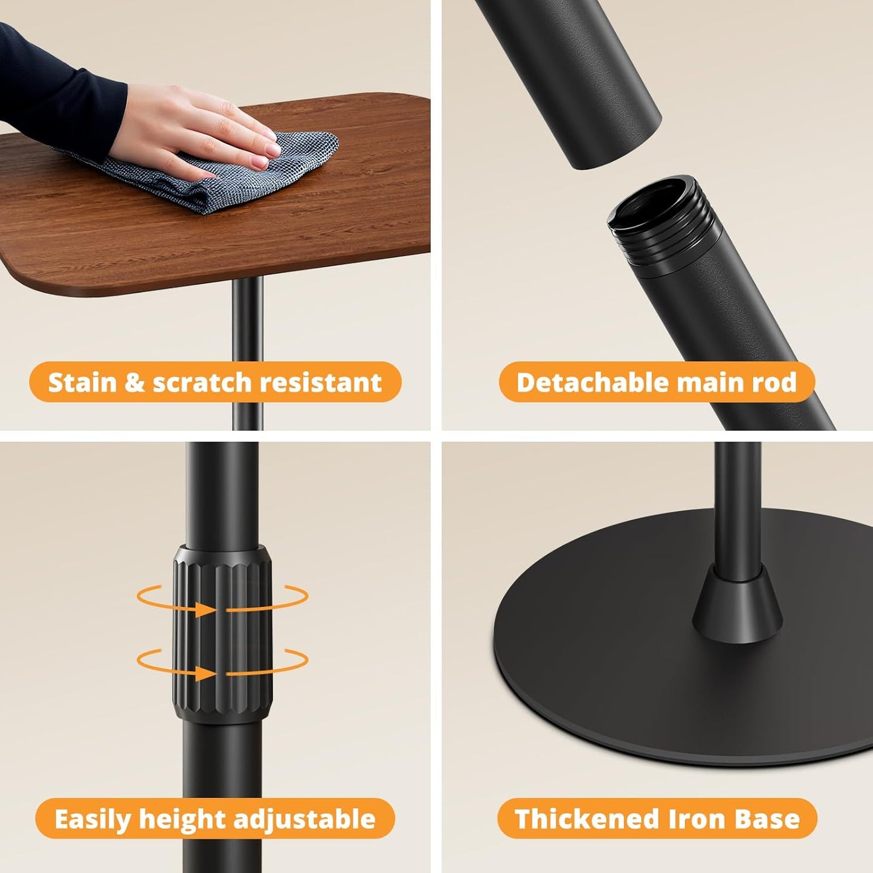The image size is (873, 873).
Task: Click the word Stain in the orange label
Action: [83, 382]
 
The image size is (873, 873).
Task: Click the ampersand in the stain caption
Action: [135, 383]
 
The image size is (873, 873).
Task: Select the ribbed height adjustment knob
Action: [222, 634]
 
